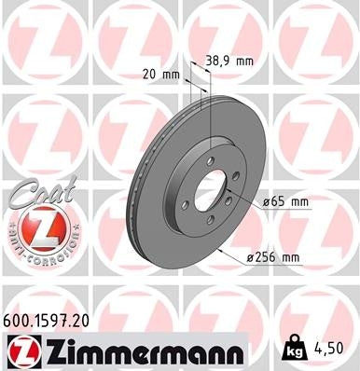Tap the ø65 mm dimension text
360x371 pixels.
pyautogui.click(x=284, y=200)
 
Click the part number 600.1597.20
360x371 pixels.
pyautogui.click(x=48, y=319)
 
